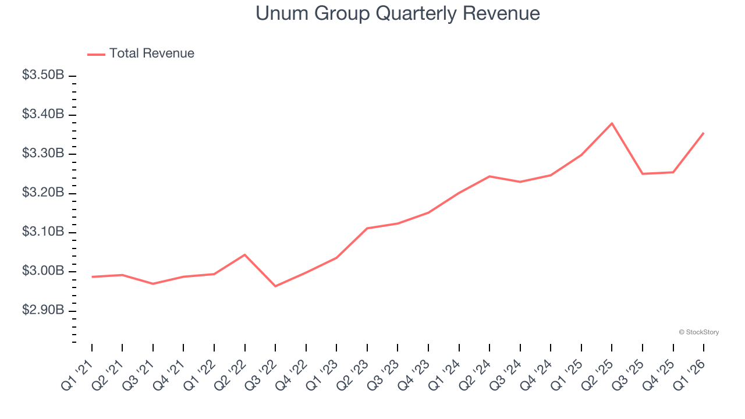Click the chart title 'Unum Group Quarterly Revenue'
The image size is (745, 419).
click(398, 13)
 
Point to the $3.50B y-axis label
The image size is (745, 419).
click(43, 75)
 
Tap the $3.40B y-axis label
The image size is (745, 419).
click(43, 114)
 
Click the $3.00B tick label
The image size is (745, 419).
click(43, 271)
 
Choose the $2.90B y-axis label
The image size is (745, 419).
click(43, 310)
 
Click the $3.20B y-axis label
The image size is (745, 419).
click(43, 193)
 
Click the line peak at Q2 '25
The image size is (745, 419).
click(612, 123)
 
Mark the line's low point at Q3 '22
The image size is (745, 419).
click(275, 286)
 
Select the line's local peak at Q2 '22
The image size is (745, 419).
click(244, 255)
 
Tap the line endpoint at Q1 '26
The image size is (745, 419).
click(704, 133)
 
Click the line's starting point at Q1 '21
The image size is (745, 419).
click(92, 277)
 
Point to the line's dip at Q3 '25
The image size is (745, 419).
click(643, 174)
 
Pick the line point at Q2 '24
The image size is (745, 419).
click(489, 176)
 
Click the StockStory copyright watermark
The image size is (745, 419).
click(698, 332)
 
